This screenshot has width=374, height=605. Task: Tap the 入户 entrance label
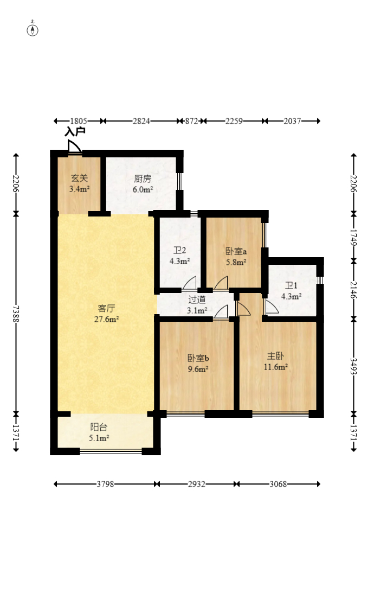[75, 131]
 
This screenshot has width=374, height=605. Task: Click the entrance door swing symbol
[74, 147]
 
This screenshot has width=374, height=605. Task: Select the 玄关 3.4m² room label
[80, 183]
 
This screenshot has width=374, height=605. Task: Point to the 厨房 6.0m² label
[143, 184]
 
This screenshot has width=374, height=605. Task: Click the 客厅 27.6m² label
[106, 314]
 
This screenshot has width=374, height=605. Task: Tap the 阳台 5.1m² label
[99, 432]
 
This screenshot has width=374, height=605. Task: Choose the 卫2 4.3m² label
[179, 256]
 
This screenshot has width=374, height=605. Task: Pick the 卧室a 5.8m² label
[236, 257]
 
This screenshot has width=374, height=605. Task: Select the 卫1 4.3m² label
[291, 291]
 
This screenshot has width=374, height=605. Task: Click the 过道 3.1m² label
[197, 305]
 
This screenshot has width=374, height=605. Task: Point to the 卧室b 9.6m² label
[198, 364]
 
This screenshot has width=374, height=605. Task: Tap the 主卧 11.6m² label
[276, 361]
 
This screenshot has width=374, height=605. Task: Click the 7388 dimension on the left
[16, 314]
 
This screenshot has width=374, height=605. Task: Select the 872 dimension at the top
[191, 121]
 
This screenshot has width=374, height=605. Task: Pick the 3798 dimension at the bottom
[105, 484]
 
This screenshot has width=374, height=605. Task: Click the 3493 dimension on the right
[353, 366]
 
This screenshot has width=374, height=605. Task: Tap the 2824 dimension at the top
[141, 121]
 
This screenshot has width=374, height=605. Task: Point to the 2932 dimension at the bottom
[197, 484]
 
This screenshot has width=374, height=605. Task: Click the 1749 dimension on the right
[353, 237]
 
